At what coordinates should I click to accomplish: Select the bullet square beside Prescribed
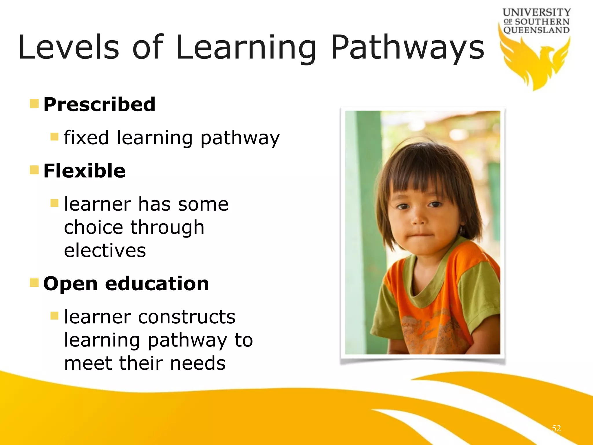pos(34,103)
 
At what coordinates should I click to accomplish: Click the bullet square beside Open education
pos(34,282)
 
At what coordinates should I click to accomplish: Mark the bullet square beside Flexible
pos(34,170)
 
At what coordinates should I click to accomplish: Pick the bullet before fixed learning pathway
pos(54,136)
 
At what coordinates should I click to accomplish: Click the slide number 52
pos(556,428)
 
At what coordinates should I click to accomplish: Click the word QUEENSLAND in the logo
pos(537,30)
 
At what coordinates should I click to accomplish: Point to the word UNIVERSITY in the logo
pos(537,12)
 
